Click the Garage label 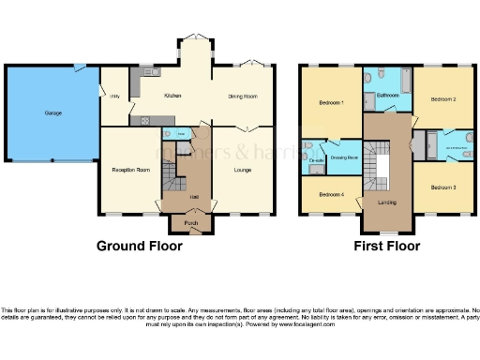pos(53,113)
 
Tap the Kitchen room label pos(172,96)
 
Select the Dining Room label pos(244,96)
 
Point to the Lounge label pos(244,169)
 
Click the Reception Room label pos(130,170)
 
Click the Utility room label pos(114,96)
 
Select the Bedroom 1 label pos(330,102)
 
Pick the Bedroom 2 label pos(442,98)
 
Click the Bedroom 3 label pos(442,187)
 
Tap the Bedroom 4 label pos(330,194)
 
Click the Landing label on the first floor pos(386,202)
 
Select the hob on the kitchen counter pos(145,120)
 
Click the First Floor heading pos(386,247)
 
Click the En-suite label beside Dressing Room pos(316,160)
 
